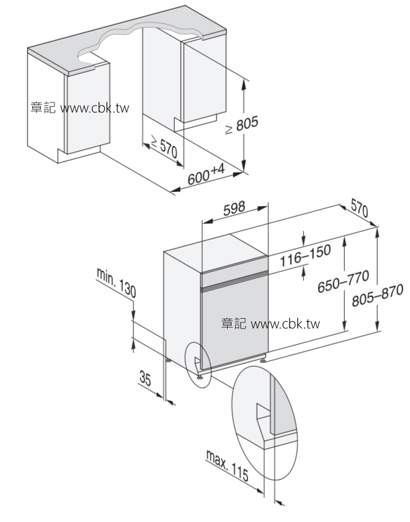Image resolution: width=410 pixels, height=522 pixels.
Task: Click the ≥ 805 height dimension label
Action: pos(241,127)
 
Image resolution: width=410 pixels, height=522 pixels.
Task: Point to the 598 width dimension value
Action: pos(234,208)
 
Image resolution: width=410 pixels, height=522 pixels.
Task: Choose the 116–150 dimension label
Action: pos(305,257)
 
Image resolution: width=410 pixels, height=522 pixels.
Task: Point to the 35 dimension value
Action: pos(146,377)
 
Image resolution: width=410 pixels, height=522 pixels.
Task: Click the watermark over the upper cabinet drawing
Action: pos(79,108)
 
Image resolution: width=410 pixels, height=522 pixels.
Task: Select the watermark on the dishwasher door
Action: pos(270,324)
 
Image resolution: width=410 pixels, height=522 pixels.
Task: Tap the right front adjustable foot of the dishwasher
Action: pos(264,359)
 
